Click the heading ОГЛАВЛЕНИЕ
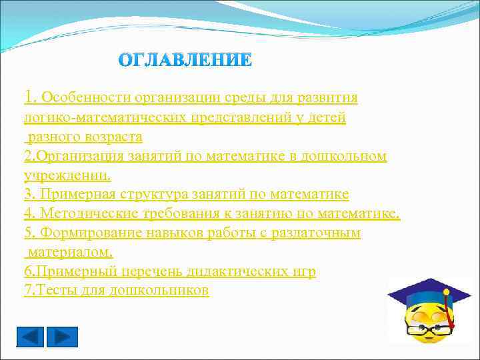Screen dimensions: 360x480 pos(185,60)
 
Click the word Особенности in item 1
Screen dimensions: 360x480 pos(86,98)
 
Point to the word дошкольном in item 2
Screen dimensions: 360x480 pos(349,156)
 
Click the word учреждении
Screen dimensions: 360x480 pos(67,175)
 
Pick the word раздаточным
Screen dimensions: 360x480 pos(314,233)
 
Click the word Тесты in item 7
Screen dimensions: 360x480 pos(53,291)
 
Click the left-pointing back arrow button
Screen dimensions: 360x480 pos(30,337)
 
